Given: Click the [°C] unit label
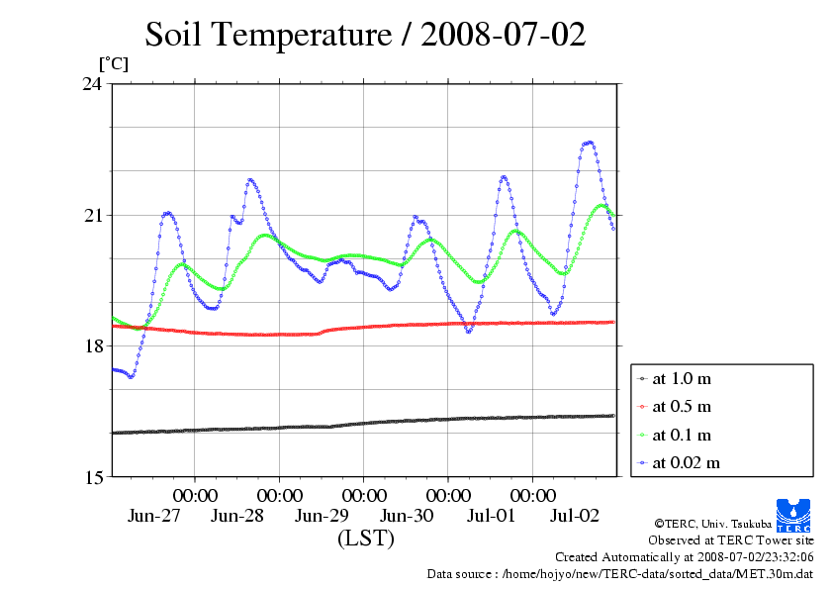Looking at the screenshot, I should point(113,63).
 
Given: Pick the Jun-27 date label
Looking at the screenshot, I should point(154,516).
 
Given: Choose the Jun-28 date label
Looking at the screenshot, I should point(238,516).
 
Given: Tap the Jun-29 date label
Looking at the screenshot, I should point(323,516).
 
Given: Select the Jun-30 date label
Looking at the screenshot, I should point(407,516).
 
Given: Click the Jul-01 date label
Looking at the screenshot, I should point(491,516).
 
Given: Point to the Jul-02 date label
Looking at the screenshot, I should point(575,516).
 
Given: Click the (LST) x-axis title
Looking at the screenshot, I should point(366,540).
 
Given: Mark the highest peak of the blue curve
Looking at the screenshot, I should point(589,143).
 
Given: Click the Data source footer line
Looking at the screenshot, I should point(619,573).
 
